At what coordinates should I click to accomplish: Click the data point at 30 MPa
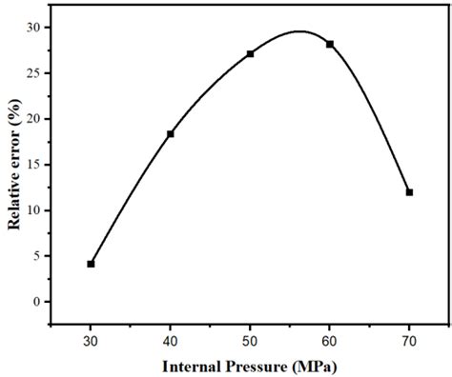tap(91, 264)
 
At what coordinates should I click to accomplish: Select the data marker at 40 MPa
tap(171, 134)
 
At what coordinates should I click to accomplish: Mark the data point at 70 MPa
tap(409, 192)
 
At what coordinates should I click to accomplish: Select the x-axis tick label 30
tap(91, 339)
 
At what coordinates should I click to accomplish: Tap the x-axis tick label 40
tap(171, 339)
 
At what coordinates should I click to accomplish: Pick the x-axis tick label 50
tap(250, 339)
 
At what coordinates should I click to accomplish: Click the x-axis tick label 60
tap(330, 339)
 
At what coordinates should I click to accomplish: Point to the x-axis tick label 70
tap(409, 339)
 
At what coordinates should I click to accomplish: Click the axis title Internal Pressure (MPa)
tap(250, 366)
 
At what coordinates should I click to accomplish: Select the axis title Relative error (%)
tap(16, 165)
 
